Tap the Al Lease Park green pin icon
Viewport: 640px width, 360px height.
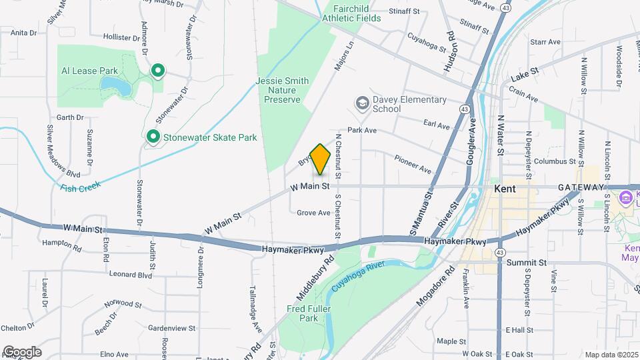[157, 70]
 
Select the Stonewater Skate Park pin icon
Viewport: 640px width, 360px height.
[153, 137]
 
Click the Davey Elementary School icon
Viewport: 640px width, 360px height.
[362, 103]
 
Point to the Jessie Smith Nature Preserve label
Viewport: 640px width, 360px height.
[282, 90]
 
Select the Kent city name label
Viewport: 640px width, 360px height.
[505, 189]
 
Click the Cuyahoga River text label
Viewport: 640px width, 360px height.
[360, 274]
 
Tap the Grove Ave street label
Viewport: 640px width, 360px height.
[313, 213]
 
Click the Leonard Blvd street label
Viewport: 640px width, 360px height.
[131, 274]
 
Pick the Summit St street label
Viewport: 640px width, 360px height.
[526, 263]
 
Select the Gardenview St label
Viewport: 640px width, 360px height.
[171, 328]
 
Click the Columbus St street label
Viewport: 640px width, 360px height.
[554, 161]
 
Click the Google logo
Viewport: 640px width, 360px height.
[22, 352]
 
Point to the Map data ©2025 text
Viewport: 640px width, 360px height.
[611, 355]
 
